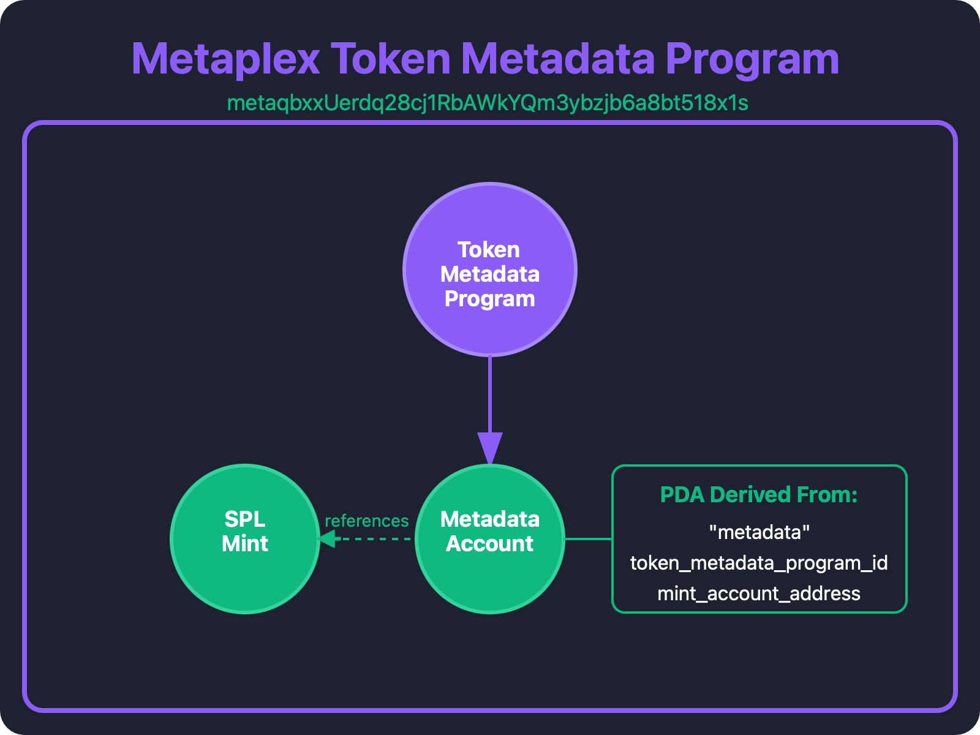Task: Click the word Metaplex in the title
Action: [x=225, y=59]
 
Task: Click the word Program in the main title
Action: [x=752, y=59]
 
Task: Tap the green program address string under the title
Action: [x=488, y=103]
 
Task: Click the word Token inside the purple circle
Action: [x=489, y=250]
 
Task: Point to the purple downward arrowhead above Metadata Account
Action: [x=490, y=448]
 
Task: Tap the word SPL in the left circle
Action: [x=245, y=519]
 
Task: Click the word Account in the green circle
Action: [x=490, y=544]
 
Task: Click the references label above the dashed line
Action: [x=366, y=521]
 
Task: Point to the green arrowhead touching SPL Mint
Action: [x=327, y=539]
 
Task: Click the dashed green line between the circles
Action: [x=374, y=539]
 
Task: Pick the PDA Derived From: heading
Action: [x=759, y=495]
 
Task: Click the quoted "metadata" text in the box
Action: [x=759, y=532]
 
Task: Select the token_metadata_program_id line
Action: [x=759, y=563]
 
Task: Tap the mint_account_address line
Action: [x=759, y=594]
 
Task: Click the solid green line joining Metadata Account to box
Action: [x=588, y=539]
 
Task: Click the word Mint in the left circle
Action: [x=245, y=544]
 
